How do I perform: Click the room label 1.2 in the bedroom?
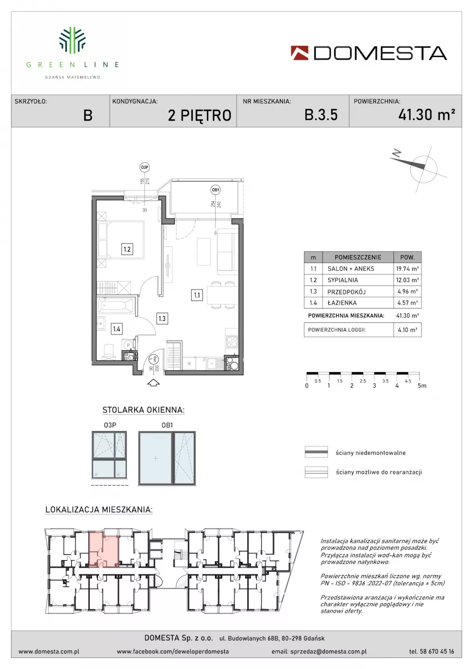127,249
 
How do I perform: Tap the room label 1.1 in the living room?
197,295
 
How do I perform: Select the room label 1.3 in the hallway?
162,319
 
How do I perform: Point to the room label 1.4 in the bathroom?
117,329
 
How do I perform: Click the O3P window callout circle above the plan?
145,168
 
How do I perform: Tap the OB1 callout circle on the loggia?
215,190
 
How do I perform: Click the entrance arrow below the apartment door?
153,383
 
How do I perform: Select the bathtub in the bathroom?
115,305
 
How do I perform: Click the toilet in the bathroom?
108,352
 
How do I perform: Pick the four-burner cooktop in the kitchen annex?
232,341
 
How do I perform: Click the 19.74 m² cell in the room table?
407,269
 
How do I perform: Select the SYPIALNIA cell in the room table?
342,280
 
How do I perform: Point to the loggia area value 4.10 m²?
407,330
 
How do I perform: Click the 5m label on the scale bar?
422,386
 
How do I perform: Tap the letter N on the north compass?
396,153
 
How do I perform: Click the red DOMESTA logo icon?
300,53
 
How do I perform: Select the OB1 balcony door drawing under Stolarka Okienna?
167,458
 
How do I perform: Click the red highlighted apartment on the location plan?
104,549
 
